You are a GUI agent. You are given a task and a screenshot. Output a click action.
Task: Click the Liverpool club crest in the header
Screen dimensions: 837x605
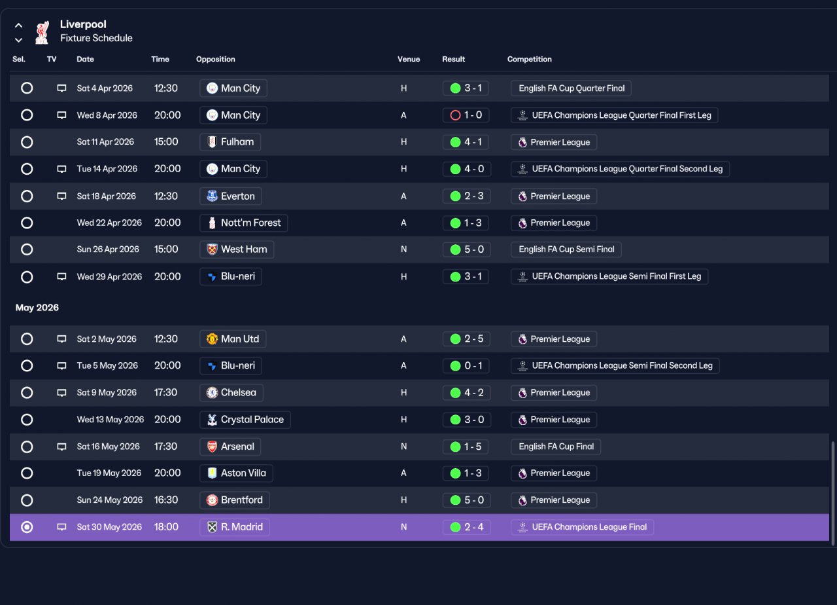43,33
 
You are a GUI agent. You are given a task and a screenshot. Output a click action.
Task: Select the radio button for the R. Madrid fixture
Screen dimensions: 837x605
27,527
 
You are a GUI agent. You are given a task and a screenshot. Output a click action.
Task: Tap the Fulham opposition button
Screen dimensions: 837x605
230,142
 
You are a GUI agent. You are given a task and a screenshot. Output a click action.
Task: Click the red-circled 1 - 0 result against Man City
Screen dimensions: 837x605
466,115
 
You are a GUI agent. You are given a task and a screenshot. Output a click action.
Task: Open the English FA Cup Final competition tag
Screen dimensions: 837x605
556,447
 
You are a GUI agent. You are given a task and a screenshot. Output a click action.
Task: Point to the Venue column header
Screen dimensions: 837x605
409,59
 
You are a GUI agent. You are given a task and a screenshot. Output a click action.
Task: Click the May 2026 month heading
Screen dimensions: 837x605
37,308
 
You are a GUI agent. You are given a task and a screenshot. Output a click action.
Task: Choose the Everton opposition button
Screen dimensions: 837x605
231,196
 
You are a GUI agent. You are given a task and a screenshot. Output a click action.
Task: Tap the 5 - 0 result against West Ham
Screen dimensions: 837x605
467,249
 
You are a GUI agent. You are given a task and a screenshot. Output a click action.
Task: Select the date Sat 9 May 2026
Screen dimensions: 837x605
107,392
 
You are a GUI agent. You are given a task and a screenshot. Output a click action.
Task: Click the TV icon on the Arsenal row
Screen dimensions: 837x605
61,447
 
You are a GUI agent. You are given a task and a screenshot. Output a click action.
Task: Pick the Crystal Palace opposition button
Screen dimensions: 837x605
245,420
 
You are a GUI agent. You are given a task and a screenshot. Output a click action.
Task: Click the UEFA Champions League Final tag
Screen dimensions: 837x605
582,527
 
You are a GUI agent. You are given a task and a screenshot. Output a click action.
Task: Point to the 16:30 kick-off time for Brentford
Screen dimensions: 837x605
166,500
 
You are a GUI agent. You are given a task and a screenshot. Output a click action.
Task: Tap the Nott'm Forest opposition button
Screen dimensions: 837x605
244,223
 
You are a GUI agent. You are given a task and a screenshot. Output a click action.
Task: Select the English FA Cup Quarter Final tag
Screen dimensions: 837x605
571,88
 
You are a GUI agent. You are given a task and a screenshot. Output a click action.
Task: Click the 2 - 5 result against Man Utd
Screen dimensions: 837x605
467,339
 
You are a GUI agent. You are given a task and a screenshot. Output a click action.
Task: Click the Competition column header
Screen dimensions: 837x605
529,59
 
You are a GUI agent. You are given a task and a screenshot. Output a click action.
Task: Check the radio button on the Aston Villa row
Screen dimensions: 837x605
27,473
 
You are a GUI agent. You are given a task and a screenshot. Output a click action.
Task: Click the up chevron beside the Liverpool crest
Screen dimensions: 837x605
18,26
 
